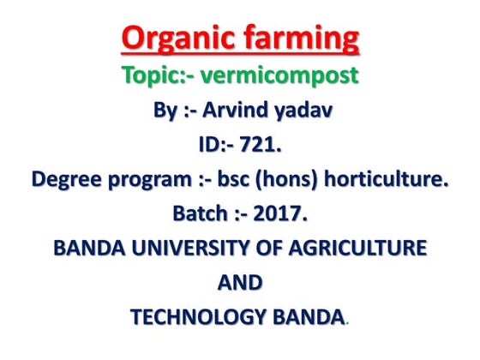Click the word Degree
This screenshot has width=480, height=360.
coord(64,181)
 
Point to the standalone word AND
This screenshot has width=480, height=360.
coord(240,283)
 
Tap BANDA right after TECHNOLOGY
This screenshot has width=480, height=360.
coord(305,317)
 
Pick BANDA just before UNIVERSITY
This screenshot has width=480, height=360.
coord(86,249)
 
